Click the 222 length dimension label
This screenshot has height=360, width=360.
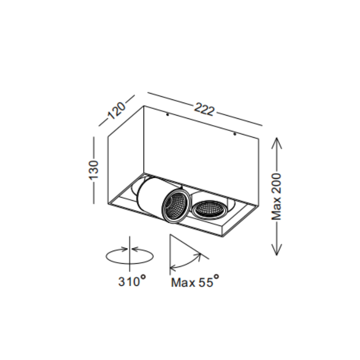point(204,110)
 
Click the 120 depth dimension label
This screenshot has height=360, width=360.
point(117,110)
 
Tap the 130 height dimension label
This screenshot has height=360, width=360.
point(94,170)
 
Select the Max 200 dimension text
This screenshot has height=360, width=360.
point(276,197)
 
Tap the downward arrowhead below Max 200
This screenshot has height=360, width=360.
point(277,250)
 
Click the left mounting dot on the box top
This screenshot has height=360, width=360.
point(167,114)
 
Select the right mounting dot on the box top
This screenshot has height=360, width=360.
point(234,134)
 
